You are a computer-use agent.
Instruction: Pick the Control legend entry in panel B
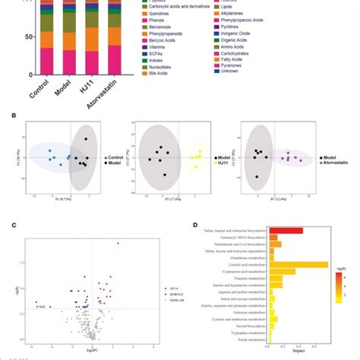[x=115, y=155]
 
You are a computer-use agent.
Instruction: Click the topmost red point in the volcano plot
[x=118, y=244]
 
